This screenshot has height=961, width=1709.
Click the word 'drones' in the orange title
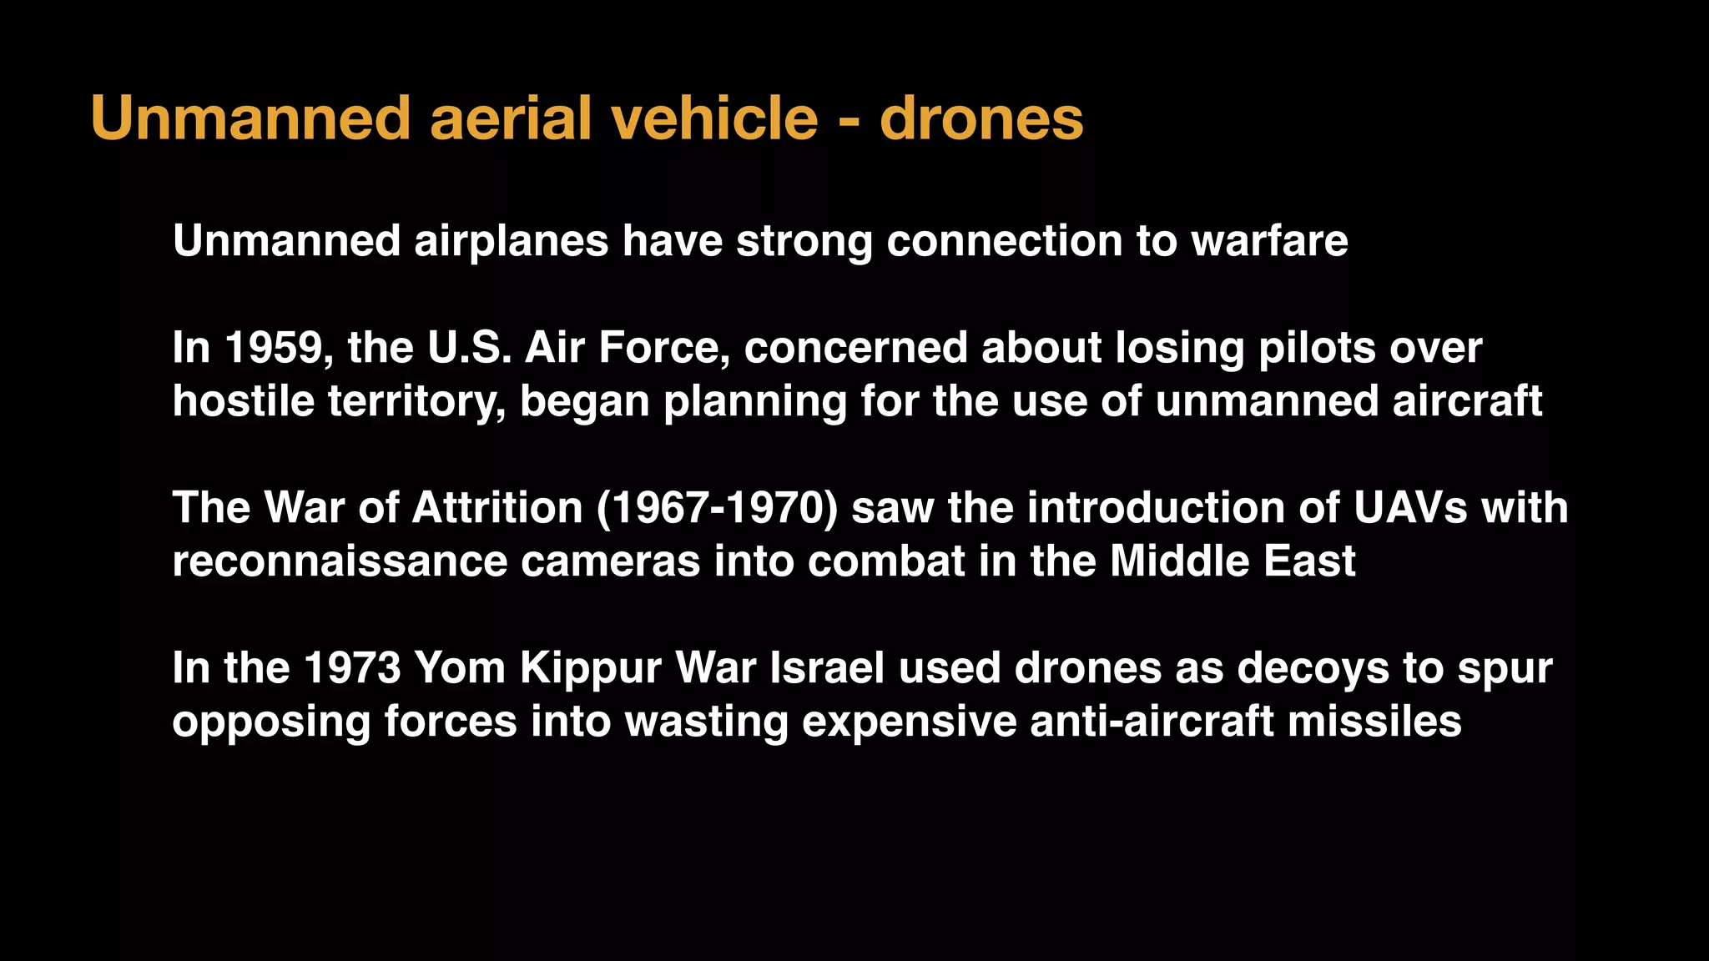(981, 118)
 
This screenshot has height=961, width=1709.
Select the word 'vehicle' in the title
(714, 118)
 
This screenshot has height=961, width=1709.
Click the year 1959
(273, 348)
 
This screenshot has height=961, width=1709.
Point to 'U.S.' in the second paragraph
(469, 348)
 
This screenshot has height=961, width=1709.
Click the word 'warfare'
(1269, 241)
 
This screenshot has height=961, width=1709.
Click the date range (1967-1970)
(717, 508)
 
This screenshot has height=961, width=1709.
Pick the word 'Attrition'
(497, 508)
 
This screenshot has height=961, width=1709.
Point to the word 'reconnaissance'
(340, 561)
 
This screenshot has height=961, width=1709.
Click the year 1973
(352, 668)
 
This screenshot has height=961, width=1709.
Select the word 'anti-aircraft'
(1152, 722)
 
